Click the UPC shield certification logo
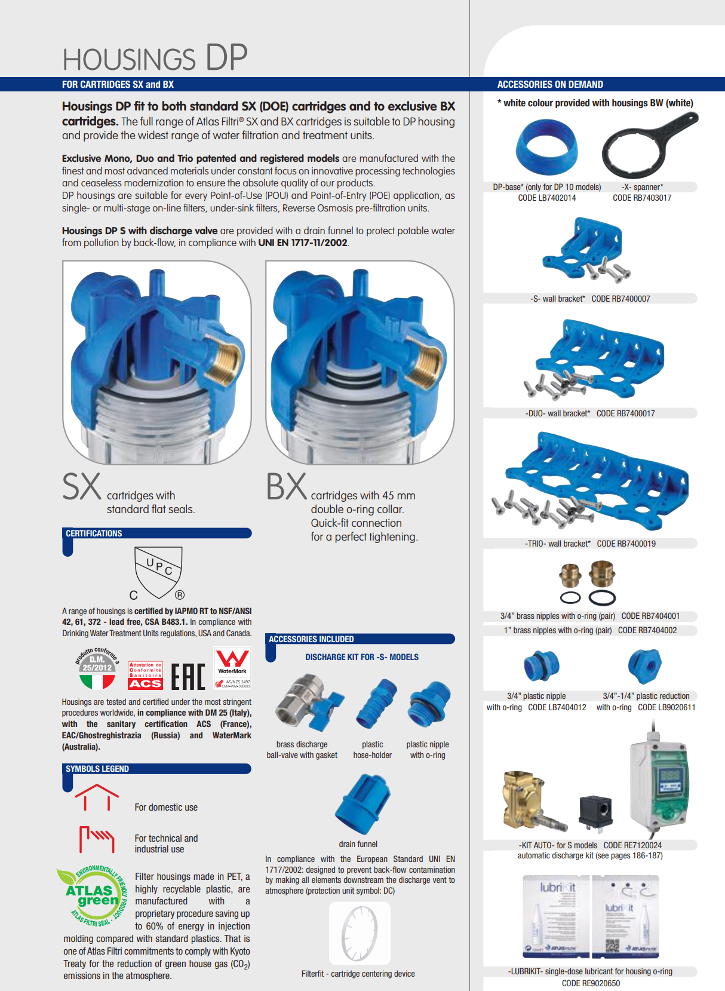tap(158, 572)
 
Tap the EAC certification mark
tap(188, 676)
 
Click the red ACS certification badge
tap(145, 676)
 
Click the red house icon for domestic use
tap(97, 797)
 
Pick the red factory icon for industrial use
tap(97, 839)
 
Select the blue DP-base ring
tap(546, 147)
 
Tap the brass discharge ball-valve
tap(308, 702)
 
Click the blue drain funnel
tap(362, 804)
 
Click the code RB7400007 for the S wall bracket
tap(620, 299)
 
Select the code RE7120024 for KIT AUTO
tap(632, 845)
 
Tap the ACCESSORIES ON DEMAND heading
tap(550, 85)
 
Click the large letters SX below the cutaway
tap(82, 487)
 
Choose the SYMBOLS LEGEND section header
tap(97, 769)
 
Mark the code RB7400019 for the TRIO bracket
tap(626, 544)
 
